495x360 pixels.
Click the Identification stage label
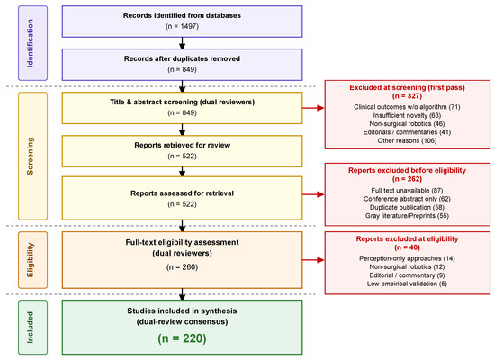pyautogui.click(x=31, y=43)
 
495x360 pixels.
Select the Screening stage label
pyautogui.click(x=31, y=156)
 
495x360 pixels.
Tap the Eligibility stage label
pyautogui.click(x=31, y=260)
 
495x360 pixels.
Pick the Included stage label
pyautogui.click(x=31, y=328)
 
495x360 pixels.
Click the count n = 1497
pyautogui.click(x=182, y=26)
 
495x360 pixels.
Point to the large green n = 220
pyautogui.click(x=182, y=338)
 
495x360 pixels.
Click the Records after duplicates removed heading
pyautogui.click(x=182, y=58)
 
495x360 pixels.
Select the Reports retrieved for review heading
pyautogui.click(x=182, y=145)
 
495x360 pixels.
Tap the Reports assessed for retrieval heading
pyautogui.click(x=182, y=193)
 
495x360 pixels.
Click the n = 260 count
pyautogui.click(x=182, y=267)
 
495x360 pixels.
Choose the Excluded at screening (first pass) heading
pyautogui.click(x=407, y=87)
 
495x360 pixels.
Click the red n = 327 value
pyautogui.click(x=407, y=96)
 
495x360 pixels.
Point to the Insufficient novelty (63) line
pyautogui.click(x=407, y=115)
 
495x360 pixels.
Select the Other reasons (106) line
pyautogui.click(x=407, y=140)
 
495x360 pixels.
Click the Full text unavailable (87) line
pyautogui.click(x=407, y=191)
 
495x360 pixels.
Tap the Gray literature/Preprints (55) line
pyautogui.click(x=407, y=216)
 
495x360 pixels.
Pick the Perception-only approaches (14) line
pyautogui.click(x=407, y=258)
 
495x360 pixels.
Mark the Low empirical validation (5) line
pyautogui.click(x=407, y=283)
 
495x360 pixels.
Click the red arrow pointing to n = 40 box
pyautogui.click(x=313, y=260)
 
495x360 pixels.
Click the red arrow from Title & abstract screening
pyautogui.click(x=313, y=108)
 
